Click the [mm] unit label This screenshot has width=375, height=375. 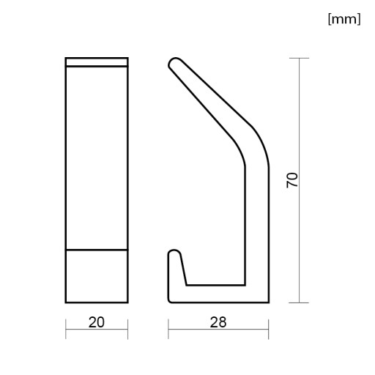(344, 19)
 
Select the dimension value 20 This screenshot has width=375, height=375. (97, 322)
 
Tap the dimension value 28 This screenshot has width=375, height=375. (218, 322)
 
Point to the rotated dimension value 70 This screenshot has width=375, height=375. (292, 180)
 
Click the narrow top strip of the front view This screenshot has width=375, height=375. (97, 62)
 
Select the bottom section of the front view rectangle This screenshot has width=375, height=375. (97, 276)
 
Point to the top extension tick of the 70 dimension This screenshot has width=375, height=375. (299, 58)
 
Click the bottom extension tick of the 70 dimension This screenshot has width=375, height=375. (299, 302)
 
